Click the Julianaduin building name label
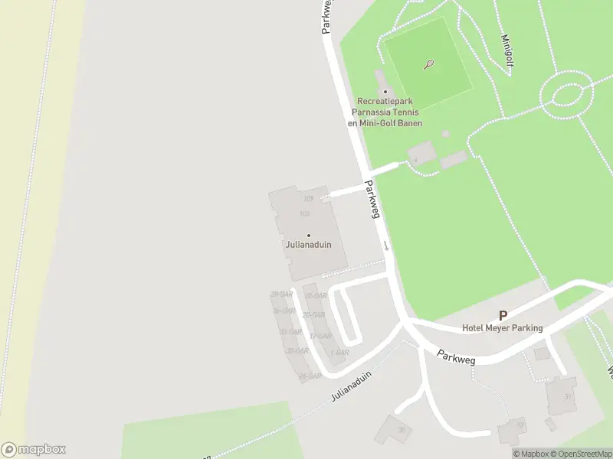coord(308,246)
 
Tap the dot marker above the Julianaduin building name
coord(308,235)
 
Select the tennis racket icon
coord(429,64)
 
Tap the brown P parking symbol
coord(503,315)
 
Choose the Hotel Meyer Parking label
coord(502,328)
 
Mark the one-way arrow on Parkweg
coord(386,246)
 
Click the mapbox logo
coord(33,449)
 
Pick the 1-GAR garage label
coord(339,353)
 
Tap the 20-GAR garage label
coord(313,314)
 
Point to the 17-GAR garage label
coord(321,335)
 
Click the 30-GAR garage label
coord(283,295)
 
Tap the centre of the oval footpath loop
coord(568,95)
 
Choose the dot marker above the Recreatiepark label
coord(385,91)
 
